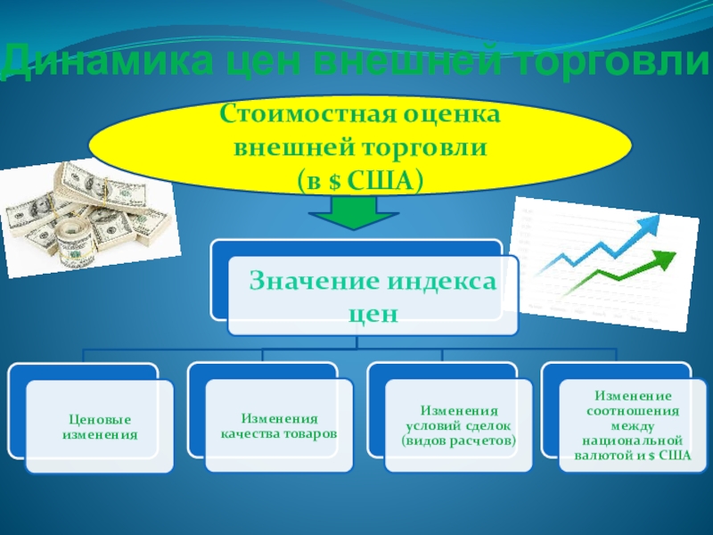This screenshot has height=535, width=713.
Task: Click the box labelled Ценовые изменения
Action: click(x=100, y=426)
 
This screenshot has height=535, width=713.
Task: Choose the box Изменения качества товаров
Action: click(x=279, y=426)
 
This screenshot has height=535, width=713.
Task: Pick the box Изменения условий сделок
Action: click(x=459, y=426)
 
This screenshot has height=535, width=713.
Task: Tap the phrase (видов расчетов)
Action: click(x=459, y=441)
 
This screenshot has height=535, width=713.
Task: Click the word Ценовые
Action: click(x=100, y=419)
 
